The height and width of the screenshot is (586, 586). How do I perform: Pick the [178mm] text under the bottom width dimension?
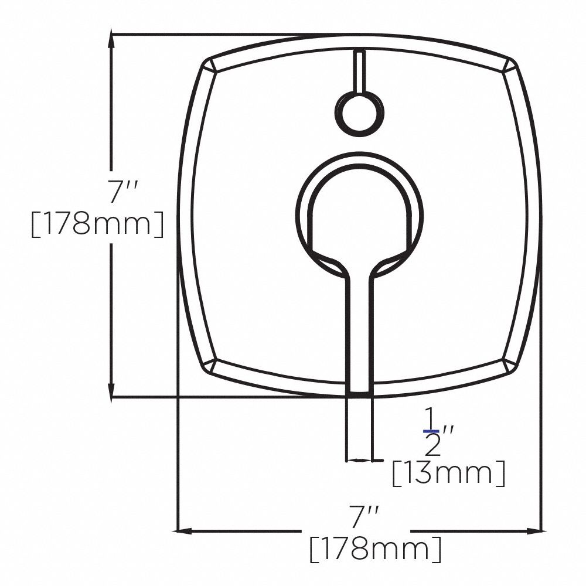pos(375,549)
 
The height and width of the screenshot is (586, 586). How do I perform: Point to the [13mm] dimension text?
pos(448,473)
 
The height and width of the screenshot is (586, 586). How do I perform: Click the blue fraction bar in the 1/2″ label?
pos(431,431)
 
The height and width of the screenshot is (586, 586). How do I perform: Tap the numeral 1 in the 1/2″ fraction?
pos(431,419)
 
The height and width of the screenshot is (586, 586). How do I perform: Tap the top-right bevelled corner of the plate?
pos(510,66)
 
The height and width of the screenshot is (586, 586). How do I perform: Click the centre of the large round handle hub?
pos(359,211)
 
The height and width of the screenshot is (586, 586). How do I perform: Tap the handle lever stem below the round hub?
pos(359,328)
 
